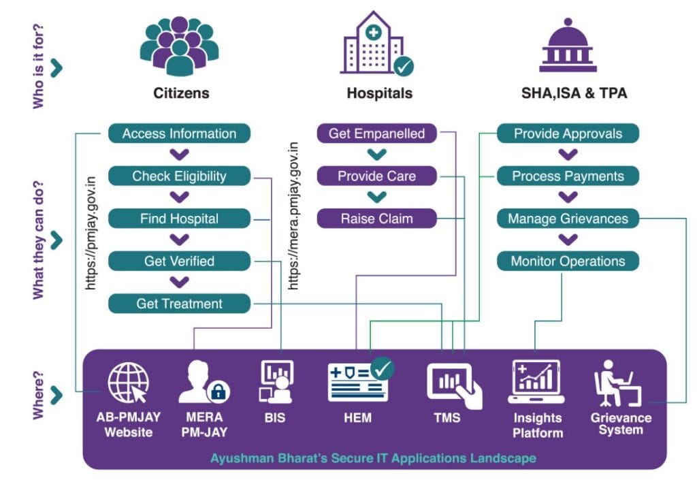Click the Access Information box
[179, 133]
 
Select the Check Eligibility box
[179, 176]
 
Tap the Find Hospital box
[179, 219]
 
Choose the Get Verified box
[179, 261]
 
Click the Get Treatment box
[179, 304]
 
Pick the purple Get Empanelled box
[376, 133]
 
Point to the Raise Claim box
[376, 219]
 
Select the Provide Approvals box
[568, 133]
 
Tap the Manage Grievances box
[568, 219]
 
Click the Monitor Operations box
[568, 261]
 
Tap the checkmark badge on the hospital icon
[404, 66]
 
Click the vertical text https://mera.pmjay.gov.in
[294, 217]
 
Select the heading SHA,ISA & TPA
[569, 93]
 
